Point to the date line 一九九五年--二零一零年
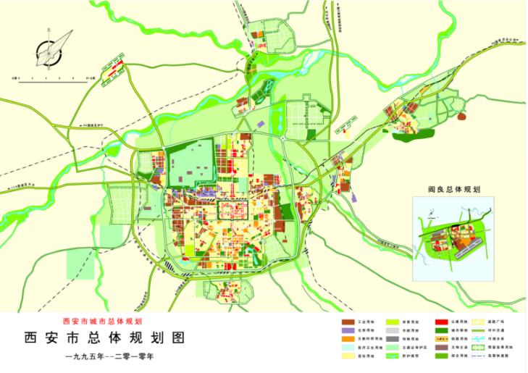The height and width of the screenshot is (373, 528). click(x=110, y=356)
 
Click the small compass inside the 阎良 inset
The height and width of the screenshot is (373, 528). click(x=428, y=215)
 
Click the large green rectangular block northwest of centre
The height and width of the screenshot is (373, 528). click(x=190, y=165)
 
